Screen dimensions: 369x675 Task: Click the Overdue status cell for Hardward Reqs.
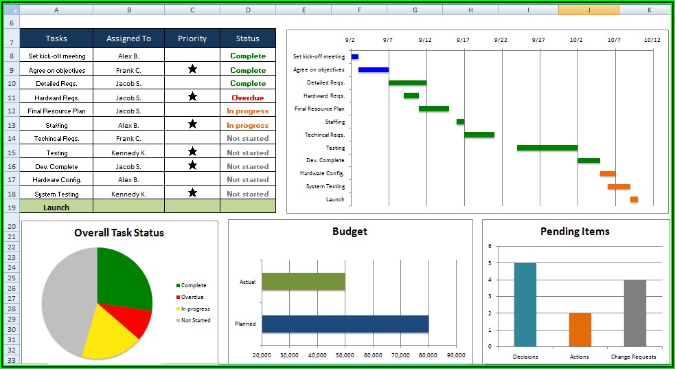(x=247, y=98)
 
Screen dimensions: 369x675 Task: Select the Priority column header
(x=192, y=38)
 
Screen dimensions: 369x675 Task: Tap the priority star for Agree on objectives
(x=192, y=69)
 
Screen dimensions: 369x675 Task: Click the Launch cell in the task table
(x=56, y=207)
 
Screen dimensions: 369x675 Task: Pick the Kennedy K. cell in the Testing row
(x=128, y=153)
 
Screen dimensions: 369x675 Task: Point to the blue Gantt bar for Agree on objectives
(x=374, y=69)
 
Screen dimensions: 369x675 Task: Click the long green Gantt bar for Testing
(x=547, y=148)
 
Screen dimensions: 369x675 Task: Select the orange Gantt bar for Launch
(x=634, y=199)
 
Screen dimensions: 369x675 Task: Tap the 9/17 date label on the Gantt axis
(x=463, y=40)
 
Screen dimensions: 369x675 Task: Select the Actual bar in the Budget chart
(x=303, y=282)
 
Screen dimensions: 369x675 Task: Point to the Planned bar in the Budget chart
(x=345, y=324)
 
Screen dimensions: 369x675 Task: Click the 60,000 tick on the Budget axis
(x=373, y=355)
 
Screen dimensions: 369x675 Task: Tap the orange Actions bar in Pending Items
(x=580, y=329)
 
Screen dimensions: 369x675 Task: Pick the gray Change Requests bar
(x=634, y=313)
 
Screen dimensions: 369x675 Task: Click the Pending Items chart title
(x=575, y=232)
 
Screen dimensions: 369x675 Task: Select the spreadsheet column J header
(x=588, y=10)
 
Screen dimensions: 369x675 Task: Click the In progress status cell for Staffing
(x=247, y=125)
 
